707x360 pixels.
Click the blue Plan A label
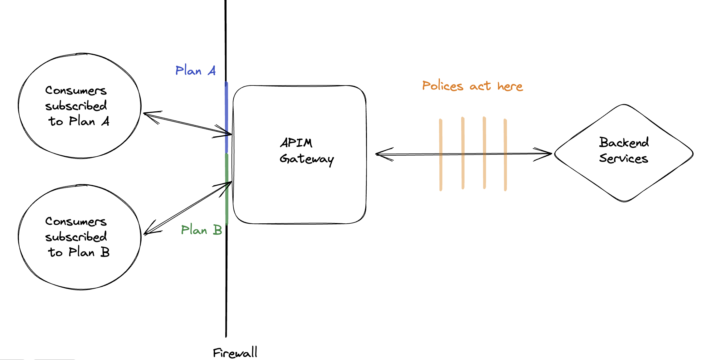tap(195, 71)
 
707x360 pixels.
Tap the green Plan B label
tap(201, 230)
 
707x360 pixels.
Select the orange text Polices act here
tap(472, 86)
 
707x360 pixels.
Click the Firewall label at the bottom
tap(235, 353)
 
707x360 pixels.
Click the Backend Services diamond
tap(624, 175)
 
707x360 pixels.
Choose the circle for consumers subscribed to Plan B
tap(80, 271)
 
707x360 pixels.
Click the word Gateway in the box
tap(306, 159)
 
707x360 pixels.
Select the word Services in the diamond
tap(623, 158)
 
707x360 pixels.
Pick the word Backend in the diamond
tap(624, 143)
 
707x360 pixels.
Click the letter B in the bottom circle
tap(105, 252)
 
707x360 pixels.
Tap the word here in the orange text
tap(510, 86)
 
